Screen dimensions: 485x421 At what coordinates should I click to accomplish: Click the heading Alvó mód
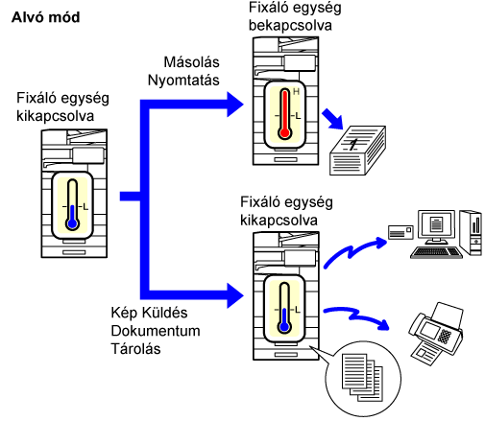tap(45, 17)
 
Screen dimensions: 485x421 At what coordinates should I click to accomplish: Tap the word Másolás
tap(191, 62)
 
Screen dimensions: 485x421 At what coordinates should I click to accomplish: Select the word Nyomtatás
tap(183, 81)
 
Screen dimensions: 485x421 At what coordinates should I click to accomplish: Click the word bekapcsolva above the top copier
tap(290, 26)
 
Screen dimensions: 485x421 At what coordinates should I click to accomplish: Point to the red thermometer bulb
tap(284, 132)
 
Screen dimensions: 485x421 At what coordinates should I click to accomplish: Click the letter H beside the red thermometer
tap(296, 92)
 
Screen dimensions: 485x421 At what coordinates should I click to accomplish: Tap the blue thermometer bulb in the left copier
tap(73, 223)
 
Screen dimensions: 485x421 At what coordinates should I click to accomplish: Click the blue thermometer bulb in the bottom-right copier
tap(284, 327)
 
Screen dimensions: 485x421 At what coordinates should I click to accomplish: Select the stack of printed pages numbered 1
tap(357, 151)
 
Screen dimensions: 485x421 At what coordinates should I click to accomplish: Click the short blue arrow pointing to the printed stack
tap(333, 119)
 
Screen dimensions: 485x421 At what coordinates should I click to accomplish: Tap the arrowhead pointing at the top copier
tap(235, 105)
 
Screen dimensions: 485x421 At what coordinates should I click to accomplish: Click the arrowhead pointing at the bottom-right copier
tap(235, 295)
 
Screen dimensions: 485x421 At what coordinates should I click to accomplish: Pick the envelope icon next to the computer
tap(400, 232)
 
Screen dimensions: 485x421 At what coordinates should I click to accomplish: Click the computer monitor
tap(436, 226)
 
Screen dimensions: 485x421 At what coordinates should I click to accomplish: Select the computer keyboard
tap(436, 252)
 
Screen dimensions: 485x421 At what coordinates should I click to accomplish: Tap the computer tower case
tap(471, 232)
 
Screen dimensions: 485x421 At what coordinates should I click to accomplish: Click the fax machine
tap(436, 333)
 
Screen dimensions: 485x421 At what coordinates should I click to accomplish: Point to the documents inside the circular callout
tap(362, 377)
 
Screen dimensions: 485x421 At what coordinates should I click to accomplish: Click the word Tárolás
tap(135, 349)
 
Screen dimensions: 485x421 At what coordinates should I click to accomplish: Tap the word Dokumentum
tap(156, 331)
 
